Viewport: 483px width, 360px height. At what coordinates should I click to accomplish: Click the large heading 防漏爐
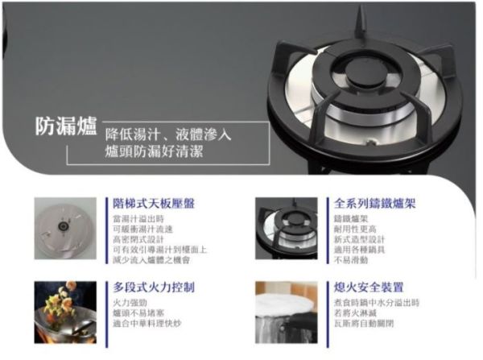coord(66,127)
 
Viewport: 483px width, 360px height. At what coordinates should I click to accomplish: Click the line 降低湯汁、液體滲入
coord(168,134)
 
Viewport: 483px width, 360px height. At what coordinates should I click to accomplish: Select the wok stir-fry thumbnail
coord(65,311)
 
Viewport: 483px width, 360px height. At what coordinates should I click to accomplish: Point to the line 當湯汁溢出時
coord(138,218)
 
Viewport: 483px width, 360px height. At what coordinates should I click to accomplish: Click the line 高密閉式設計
coord(138,239)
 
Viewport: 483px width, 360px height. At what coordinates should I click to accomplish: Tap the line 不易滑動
coord(349,260)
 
